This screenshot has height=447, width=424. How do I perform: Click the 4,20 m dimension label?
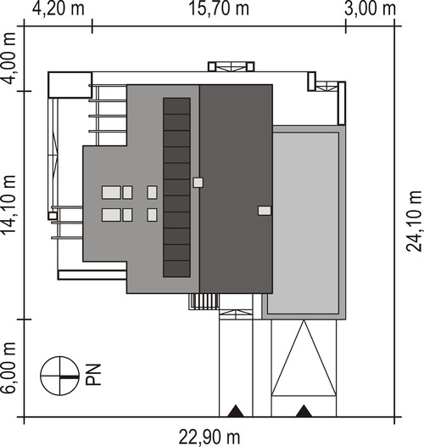click(x=58, y=8)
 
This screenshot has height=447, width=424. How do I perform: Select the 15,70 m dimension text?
click(x=219, y=8)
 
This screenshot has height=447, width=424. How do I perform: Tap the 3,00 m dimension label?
click(x=370, y=8)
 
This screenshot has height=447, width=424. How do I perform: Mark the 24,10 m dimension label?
click(x=414, y=221)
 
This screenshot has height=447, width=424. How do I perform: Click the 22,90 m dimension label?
click(x=209, y=437)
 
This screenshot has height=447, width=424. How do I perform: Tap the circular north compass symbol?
click(x=59, y=376)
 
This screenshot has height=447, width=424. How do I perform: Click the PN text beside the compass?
click(x=93, y=375)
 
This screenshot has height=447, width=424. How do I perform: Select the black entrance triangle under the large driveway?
click(x=304, y=410)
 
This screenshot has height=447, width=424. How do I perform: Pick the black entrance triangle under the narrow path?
click(x=236, y=410)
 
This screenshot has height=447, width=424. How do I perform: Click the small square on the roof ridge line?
click(x=198, y=183)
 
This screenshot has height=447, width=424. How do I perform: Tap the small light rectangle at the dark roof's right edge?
click(x=265, y=211)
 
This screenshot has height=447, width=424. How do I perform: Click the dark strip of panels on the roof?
click(x=176, y=187)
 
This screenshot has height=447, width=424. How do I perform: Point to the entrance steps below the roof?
click(x=204, y=302)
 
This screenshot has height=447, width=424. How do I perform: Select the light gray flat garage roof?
click(x=304, y=223)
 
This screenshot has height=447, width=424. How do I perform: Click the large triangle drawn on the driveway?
click(x=304, y=358)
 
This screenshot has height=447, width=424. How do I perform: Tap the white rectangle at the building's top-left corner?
click(x=70, y=85)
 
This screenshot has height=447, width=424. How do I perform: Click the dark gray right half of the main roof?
click(x=236, y=189)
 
